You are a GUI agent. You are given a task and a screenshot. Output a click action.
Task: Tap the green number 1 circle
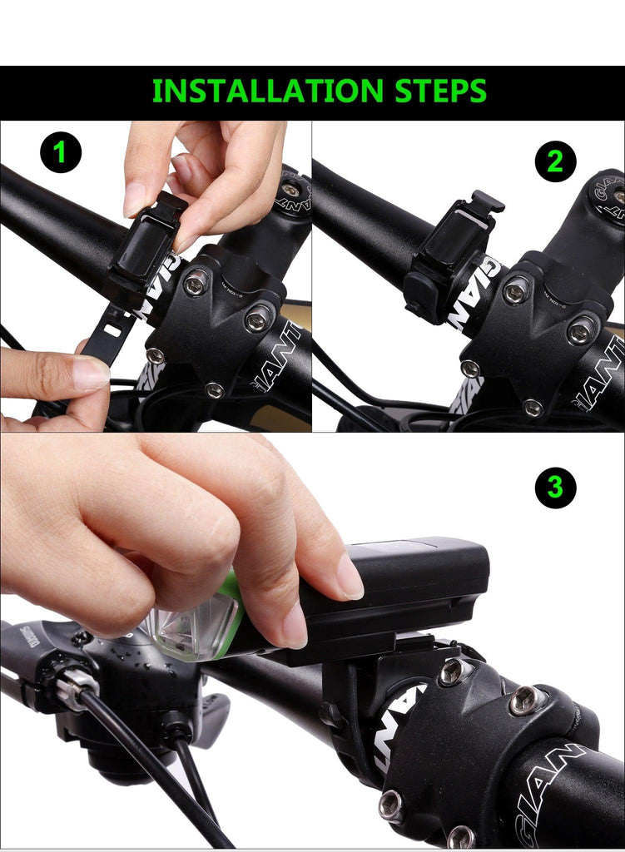pos(60,153)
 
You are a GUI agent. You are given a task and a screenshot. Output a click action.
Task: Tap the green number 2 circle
pos(555,161)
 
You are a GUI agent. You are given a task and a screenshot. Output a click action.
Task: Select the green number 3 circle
pos(555,488)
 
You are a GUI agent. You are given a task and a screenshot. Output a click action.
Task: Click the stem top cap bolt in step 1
pos(290,191)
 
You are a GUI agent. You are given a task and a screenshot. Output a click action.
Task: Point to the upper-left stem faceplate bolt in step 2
pos(515,290)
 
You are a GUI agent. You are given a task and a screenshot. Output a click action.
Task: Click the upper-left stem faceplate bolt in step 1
pos(196,285)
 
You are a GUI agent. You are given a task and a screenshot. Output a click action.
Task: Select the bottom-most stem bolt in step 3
pos(459,835)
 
